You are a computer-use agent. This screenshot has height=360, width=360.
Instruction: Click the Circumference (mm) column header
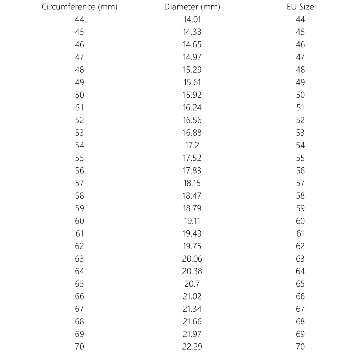[79, 7]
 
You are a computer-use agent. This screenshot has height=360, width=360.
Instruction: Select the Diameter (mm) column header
[192, 7]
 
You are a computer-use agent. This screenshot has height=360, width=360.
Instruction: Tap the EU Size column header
[300, 7]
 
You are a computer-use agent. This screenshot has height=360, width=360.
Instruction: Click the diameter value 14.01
[192, 19]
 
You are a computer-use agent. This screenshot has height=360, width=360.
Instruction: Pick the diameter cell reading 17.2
[192, 145]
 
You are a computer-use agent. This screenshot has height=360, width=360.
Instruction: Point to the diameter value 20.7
[192, 284]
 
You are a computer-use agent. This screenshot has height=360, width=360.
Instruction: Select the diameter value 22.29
[192, 347]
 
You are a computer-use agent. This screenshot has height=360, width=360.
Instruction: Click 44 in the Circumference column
[79, 19]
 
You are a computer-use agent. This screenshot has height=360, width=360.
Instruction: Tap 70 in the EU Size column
[300, 347]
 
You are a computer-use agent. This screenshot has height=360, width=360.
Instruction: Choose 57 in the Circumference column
[79, 183]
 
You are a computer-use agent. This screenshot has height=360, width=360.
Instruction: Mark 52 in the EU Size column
[300, 120]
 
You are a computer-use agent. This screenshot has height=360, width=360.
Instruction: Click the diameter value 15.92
[192, 95]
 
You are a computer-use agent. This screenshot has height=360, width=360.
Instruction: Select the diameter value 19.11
[192, 221]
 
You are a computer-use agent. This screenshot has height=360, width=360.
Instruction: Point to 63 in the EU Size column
[300, 259]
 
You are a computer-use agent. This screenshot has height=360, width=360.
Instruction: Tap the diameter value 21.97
[192, 334]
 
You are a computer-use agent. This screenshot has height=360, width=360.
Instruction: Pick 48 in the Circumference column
[79, 70]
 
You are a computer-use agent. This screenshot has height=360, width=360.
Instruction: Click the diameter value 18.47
[192, 196]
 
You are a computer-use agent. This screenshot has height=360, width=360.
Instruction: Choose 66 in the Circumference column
[79, 296]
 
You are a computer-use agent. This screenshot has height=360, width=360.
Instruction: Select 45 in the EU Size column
[300, 32]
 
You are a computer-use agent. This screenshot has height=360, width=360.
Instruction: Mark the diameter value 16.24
[192, 108]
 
